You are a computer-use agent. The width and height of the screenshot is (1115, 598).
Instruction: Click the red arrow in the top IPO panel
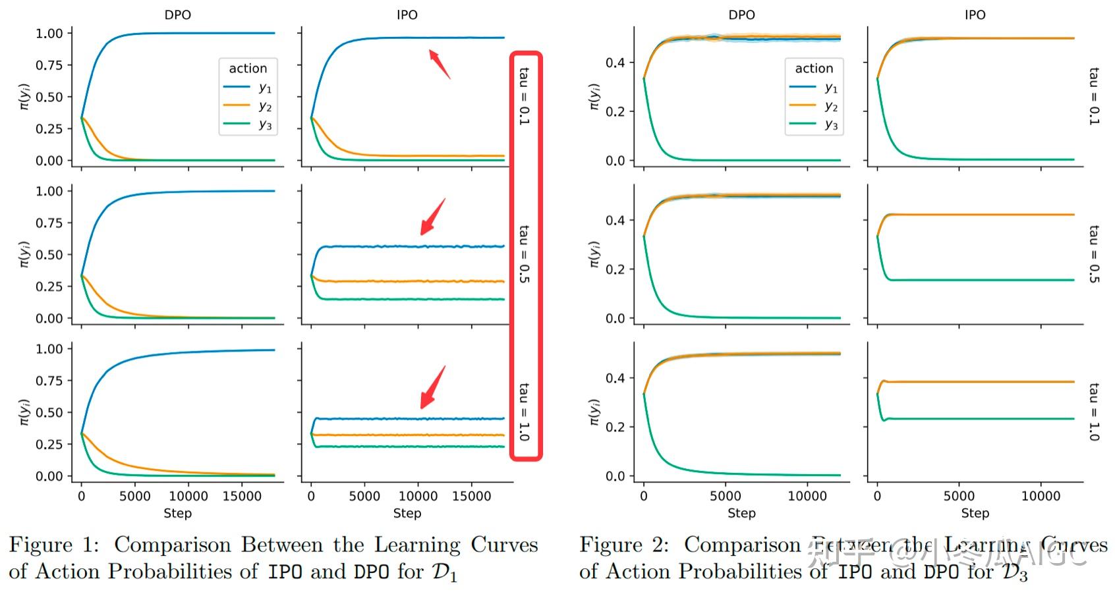[x=440, y=64]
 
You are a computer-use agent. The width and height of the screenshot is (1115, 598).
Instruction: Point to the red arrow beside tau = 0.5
[x=432, y=217]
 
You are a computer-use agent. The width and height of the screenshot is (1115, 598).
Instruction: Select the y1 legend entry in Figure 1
[x=248, y=87]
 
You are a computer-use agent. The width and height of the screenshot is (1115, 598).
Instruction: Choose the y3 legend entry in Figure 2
[x=815, y=124]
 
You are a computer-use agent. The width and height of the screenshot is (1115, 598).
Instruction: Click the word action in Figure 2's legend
[x=814, y=68]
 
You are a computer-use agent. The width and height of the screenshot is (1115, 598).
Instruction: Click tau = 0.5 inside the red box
[x=524, y=254]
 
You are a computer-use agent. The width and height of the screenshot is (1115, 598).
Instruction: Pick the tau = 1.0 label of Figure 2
[x=1094, y=412]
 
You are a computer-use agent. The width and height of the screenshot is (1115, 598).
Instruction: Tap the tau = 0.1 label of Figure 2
[x=1094, y=96]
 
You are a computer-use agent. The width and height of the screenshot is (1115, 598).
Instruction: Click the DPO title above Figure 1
[x=177, y=14]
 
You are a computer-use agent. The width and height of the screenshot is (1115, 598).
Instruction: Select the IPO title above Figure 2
[x=975, y=14]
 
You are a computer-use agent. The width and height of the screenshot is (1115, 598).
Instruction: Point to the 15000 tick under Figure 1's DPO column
[x=242, y=497]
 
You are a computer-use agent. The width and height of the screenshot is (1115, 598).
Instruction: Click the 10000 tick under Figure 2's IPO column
[x=1041, y=497]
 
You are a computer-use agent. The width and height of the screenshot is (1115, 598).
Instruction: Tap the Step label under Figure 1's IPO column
[x=407, y=514]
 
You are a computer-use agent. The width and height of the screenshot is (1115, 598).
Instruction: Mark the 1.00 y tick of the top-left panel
[x=49, y=34]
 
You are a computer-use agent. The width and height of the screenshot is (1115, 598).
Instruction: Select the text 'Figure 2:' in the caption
[x=623, y=545]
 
